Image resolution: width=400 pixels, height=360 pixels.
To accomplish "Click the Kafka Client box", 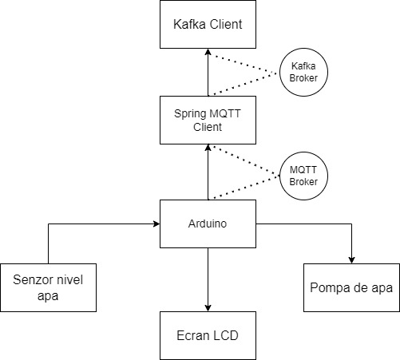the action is pyautogui.click(x=208, y=24).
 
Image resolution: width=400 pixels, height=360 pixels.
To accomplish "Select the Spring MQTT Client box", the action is pyautogui.click(x=208, y=120).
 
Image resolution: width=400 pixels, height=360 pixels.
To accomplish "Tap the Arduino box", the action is pyautogui.click(x=208, y=224).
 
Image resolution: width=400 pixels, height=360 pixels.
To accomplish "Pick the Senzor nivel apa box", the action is pyautogui.click(x=48, y=287).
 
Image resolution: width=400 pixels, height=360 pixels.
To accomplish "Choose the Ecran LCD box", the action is pyautogui.click(x=208, y=335).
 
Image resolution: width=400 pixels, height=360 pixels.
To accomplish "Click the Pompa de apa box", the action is pyautogui.click(x=351, y=287).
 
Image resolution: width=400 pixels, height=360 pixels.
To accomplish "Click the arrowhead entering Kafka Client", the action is pyautogui.click(x=208, y=52).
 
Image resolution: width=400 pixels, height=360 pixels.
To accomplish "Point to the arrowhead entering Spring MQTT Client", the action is pyautogui.click(x=208, y=148).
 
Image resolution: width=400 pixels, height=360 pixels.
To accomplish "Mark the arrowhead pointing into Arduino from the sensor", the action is pyautogui.click(x=156, y=224).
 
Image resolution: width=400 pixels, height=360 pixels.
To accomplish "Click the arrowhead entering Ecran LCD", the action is pyautogui.click(x=208, y=308).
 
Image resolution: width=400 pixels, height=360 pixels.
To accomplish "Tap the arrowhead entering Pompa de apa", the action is pyautogui.click(x=351, y=260).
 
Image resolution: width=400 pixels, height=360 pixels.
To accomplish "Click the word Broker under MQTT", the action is pyautogui.click(x=303, y=182).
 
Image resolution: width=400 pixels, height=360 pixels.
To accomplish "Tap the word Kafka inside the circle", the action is pyautogui.click(x=303, y=66).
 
